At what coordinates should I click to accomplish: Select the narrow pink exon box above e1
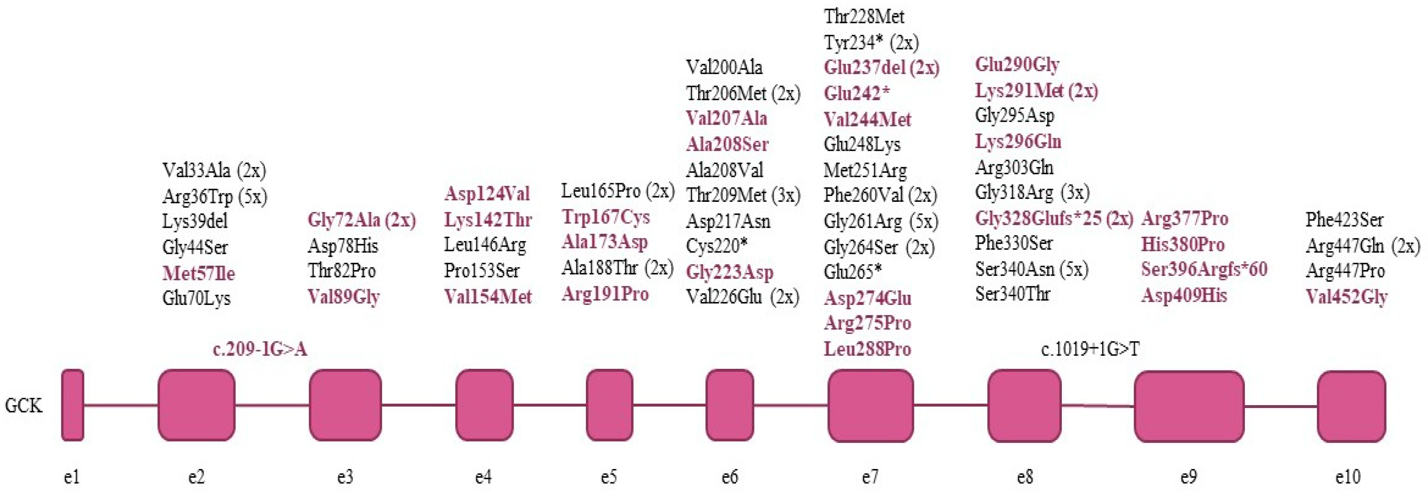tap(73, 405)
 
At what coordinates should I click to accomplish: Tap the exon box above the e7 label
tap(870, 405)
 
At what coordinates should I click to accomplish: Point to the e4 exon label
tap(483, 477)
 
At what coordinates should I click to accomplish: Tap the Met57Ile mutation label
tap(198, 273)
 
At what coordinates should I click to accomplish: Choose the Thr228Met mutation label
tap(864, 17)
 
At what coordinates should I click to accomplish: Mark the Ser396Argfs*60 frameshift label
tap(1204, 269)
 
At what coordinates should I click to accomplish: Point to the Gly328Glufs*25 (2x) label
tap(1054, 219)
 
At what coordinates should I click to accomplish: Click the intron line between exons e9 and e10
tap(1281, 406)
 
